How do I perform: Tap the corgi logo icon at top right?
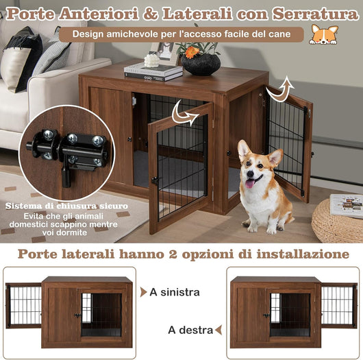click(x=323, y=34)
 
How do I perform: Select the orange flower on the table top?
click(x=192, y=51)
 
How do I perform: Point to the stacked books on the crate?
click(x=153, y=71)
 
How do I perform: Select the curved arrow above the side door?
click(x=279, y=90)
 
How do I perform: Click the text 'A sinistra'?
click(x=177, y=292)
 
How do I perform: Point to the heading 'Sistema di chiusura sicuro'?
click(x=66, y=205)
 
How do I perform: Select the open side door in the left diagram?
click(x=24, y=305)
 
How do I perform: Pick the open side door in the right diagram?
click(x=338, y=305)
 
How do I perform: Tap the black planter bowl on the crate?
click(x=201, y=64)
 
